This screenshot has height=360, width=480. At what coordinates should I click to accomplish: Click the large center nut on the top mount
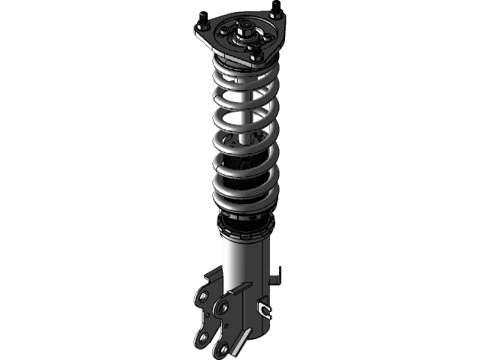click(x=245, y=31)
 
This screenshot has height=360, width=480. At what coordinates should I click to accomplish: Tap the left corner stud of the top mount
click(x=202, y=27)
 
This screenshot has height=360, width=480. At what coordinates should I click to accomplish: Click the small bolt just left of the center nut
click(x=226, y=30)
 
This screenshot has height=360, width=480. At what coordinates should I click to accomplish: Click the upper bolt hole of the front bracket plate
click(x=222, y=307)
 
